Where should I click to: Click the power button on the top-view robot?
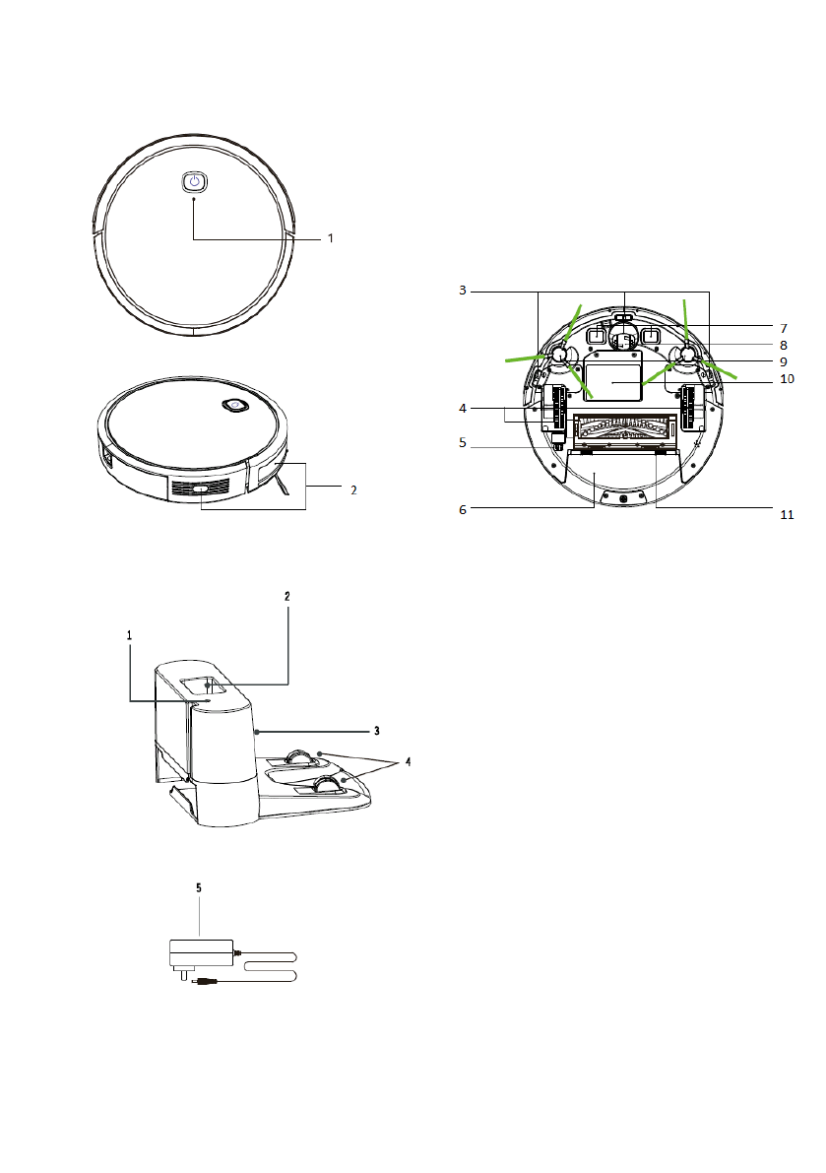pos(194,182)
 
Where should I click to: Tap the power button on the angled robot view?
pos(234,405)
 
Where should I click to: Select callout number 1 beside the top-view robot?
pos(331,238)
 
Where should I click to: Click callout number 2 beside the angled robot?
pos(353,490)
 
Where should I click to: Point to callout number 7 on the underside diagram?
pos(784,328)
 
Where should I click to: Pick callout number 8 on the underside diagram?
pos(784,345)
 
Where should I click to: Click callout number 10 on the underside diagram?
pos(787,379)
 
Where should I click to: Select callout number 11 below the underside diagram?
pos(787,515)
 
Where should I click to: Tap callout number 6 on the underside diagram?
pos(463,509)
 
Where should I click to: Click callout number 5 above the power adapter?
pos(199,888)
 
